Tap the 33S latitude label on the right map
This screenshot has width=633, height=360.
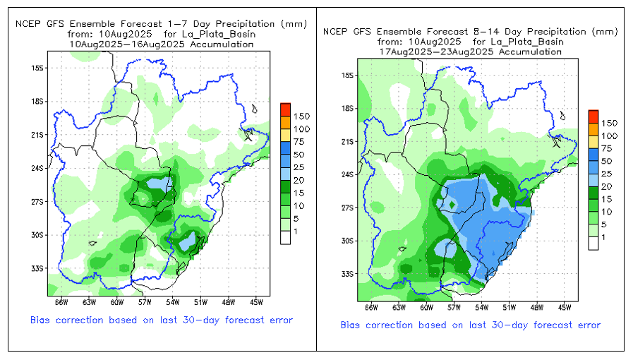[x=346, y=274]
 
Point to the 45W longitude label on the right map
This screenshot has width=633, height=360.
[x=565, y=308]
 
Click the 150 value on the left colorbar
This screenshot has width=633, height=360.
[x=302, y=116]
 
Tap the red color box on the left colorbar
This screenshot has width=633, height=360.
[x=285, y=109]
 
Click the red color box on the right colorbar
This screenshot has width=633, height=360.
[x=593, y=116]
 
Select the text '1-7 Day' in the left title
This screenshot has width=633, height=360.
[x=177, y=23]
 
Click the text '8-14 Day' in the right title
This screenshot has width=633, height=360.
[x=488, y=31]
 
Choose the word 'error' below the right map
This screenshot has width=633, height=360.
[x=586, y=325]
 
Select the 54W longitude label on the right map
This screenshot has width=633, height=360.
[x=482, y=308]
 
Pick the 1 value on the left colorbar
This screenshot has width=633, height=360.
[x=296, y=231]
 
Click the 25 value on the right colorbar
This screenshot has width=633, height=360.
[x=606, y=174]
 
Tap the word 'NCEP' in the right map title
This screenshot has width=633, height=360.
[x=335, y=31]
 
